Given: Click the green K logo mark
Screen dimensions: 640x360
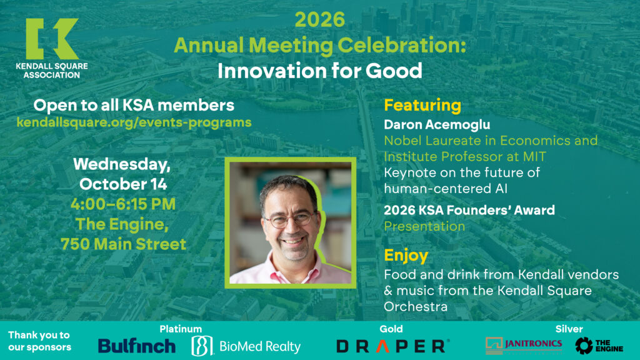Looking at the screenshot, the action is (52, 39).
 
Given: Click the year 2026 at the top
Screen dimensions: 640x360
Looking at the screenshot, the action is (319, 19).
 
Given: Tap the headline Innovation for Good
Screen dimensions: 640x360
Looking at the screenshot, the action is (319, 71).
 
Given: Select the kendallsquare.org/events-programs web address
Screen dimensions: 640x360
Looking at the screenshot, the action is (134, 122).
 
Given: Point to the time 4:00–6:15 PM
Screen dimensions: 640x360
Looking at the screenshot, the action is (123, 204).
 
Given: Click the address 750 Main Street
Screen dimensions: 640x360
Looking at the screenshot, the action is (123, 244).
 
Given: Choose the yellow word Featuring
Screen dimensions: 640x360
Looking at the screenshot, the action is (422, 106).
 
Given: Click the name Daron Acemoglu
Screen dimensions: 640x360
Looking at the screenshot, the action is (437, 124).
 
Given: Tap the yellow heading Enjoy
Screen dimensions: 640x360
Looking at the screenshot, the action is (406, 256).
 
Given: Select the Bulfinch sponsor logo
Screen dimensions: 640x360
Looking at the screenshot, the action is (137, 346).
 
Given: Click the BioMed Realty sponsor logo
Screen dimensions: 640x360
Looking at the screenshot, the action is (246, 346).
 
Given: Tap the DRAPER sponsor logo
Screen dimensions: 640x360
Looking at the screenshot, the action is (393, 346).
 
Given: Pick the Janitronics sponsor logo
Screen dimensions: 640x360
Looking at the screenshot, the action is (524, 345).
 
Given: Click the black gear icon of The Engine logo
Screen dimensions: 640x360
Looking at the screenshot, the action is (584, 346).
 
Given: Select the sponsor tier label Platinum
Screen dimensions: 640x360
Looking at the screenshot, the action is (181, 329).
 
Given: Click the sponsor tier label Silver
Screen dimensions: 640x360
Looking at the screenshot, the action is (569, 329).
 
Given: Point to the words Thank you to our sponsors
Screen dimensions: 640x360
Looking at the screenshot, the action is (39, 341).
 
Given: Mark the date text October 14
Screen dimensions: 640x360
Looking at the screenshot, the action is (123, 184).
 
